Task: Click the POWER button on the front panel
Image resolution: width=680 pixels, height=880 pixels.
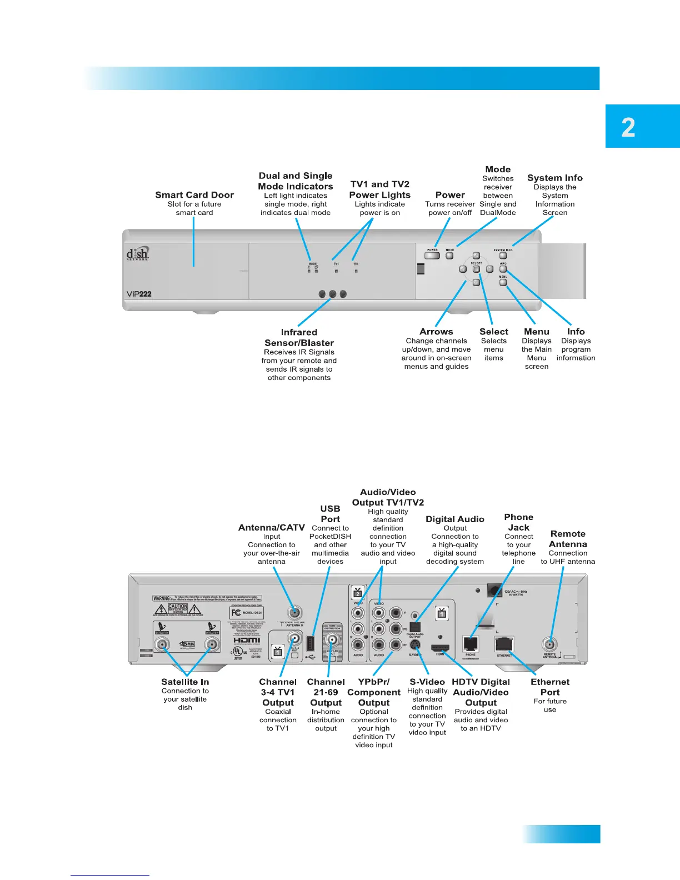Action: (x=432, y=256)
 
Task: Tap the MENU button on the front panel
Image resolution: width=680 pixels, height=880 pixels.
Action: (x=503, y=282)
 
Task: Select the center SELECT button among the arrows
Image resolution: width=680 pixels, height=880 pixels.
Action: (x=476, y=269)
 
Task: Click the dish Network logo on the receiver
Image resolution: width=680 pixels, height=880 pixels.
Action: (x=138, y=254)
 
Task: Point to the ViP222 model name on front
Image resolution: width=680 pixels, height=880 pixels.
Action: (x=139, y=294)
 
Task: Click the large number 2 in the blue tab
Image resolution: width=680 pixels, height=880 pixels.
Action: (x=628, y=128)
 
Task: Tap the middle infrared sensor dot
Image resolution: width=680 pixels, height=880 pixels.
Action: (x=332, y=294)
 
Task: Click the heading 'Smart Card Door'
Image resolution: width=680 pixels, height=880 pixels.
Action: (x=194, y=195)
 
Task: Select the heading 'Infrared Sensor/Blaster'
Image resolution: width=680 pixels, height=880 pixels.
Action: (x=299, y=338)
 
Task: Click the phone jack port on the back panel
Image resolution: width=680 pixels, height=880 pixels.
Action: (x=471, y=644)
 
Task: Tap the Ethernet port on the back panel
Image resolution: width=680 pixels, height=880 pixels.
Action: (x=504, y=644)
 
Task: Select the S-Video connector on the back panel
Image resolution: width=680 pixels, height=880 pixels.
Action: (x=415, y=646)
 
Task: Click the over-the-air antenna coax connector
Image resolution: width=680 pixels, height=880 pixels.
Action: (x=294, y=613)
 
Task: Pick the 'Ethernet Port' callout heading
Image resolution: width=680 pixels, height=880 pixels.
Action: (x=550, y=687)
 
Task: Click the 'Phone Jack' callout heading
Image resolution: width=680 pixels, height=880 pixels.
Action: (x=518, y=522)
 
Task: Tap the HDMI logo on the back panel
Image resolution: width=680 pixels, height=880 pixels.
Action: (x=247, y=640)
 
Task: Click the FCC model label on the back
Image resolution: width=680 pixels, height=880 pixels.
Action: (x=247, y=613)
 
